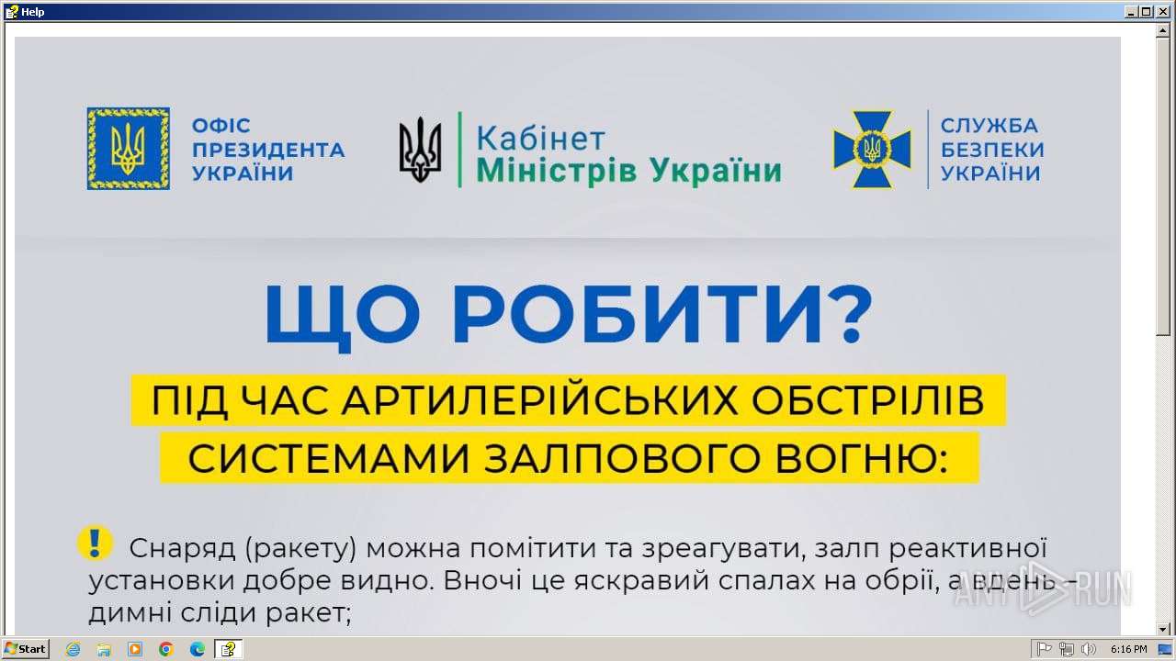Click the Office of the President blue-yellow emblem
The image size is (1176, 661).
click(x=128, y=149)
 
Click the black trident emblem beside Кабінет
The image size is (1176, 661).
click(x=420, y=150)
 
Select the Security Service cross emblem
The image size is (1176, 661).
click(x=872, y=150)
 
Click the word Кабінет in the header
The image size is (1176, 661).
click(x=541, y=139)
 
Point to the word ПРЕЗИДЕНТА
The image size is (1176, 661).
click(x=268, y=150)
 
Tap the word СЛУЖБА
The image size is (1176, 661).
click(x=989, y=126)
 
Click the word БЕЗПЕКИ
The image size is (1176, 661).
click(x=992, y=150)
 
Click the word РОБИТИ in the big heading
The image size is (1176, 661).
click(x=637, y=314)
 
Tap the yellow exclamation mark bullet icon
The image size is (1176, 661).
click(x=95, y=543)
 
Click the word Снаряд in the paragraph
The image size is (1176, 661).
click(x=182, y=549)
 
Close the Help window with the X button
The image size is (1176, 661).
click(x=1163, y=12)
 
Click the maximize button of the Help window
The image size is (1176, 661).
click(x=1147, y=12)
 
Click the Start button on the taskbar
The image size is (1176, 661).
click(x=25, y=649)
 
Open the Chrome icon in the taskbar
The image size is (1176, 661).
click(x=166, y=649)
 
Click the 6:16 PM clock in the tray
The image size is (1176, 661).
click(x=1129, y=649)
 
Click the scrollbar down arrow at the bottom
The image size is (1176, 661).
click(x=1163, y=629)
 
